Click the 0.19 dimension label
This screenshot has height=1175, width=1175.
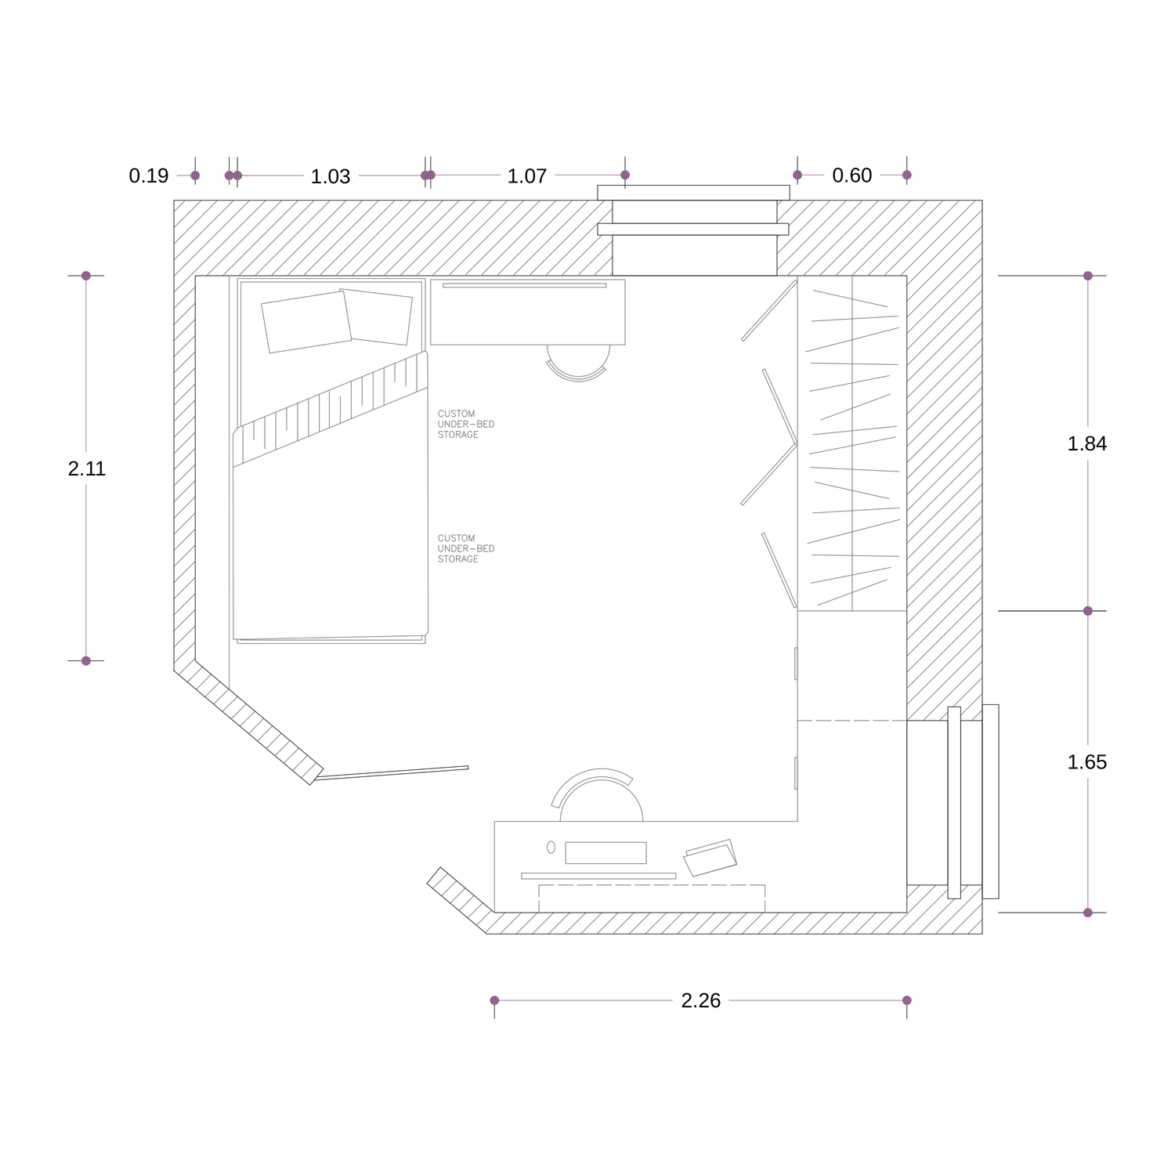coord(149,175)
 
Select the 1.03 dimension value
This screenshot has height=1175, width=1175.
coord(331,176)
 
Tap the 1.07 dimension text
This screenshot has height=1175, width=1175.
coord(527,176)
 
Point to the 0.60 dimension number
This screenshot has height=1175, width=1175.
coord(852,175)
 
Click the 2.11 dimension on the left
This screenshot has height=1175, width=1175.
coord(87,468)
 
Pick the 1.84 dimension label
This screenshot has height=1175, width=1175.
coord(1087,443)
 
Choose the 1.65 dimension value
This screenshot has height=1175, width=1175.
coord(1087,762)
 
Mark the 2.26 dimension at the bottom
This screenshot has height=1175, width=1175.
coord(701,1000)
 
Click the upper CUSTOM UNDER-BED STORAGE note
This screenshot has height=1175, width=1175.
coord(466,424)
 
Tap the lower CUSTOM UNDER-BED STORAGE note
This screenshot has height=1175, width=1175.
coord(466,548)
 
